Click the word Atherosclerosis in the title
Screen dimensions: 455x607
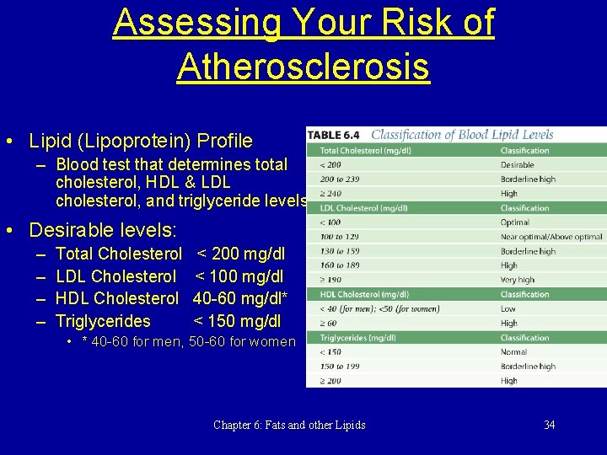click(x=303, y=67)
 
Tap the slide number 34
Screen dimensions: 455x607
click(x=550, y=425)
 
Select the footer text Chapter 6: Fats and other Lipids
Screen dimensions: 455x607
click(x=289, y=425)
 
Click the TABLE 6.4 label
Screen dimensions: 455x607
click(x=334, y=135)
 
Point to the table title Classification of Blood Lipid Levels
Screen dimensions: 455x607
click(x=463, y=134)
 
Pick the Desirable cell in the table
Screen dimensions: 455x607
click(x=517, y=165)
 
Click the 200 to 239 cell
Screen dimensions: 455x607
click(x=340, y=179)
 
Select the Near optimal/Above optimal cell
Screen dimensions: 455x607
click(x=551, y=237)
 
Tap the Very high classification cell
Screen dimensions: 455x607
click(x=518, y=280)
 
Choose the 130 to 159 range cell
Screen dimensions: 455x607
click(x=339, y=251)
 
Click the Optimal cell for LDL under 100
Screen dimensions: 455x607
click(x=515, y=222)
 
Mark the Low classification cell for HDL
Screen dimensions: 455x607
click(x=508, y=308)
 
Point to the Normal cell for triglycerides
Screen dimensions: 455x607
click(x=514, y=352)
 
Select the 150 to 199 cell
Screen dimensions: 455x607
click(x=339, y=367)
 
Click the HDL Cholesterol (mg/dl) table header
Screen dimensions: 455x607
click(x=364, y=294)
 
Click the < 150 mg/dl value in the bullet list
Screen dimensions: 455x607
click(x=237, y=321)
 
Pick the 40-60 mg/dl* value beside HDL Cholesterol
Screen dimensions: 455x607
click(x=240, y=298)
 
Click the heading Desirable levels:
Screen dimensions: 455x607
click(x=103, y=229)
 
